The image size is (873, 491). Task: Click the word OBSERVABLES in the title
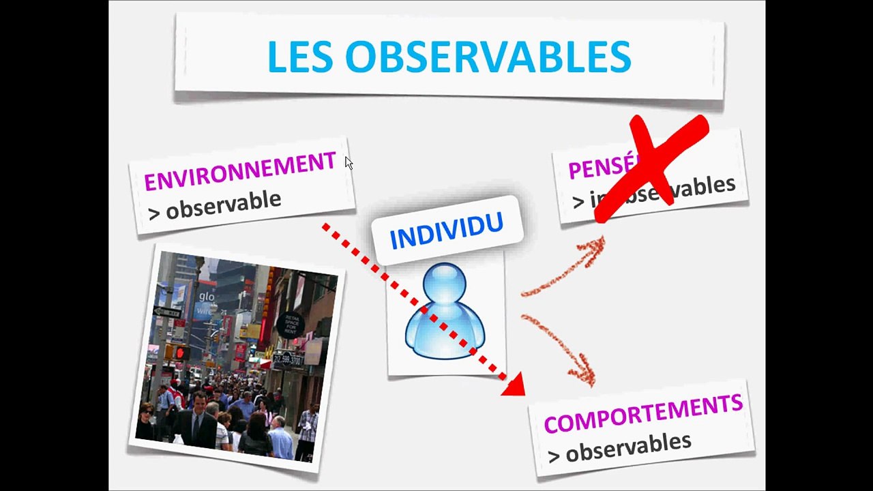click(488, 57)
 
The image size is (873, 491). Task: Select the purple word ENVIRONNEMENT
click(240, 171)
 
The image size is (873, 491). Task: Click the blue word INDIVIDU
click(447, 230)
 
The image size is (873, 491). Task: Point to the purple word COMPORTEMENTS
click(642, 413)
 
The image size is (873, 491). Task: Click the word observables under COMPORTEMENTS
click(628, 446)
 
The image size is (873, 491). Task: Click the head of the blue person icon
click(445, 286)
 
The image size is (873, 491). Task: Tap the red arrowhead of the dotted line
click(514, 385)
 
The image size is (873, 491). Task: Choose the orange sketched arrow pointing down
click(563, 348)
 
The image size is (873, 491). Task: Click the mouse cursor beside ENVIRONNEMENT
click(349, 163)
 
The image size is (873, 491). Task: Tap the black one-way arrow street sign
click(167, 312)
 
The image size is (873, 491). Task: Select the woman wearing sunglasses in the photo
click(146, 419)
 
